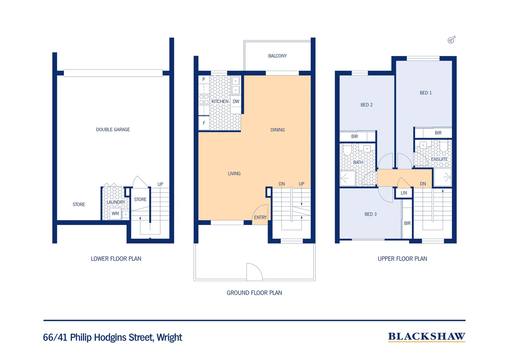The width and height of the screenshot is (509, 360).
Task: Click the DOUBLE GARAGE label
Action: pos(113,130)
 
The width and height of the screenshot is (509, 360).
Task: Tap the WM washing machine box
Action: pos(116,214)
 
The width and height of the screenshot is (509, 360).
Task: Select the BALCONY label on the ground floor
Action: pos(277,56)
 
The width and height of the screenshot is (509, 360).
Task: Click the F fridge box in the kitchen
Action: pos(204,123)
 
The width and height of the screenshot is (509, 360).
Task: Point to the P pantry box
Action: pos(204,80)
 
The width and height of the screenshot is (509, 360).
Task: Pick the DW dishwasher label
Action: pos(236,102)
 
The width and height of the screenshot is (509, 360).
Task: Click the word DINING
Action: pos(277,130)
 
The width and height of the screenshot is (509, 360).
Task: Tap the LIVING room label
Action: pos(234,174)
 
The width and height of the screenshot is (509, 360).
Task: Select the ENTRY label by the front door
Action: pos(260,217)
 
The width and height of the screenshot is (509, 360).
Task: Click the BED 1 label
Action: pos(426,93)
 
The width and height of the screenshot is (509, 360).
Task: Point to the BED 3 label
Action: pos(370,214)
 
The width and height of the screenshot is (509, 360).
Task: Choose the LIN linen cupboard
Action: pos(404,193)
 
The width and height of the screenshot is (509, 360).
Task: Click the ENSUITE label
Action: pos(439,159)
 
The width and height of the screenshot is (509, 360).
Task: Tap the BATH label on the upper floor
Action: pos(358,162)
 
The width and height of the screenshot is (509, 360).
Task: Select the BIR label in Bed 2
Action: pos(354,136)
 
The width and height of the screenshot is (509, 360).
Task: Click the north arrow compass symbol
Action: pos(451,40)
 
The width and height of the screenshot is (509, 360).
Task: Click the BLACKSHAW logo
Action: pos(426,337)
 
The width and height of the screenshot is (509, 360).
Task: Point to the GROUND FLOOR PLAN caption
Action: pos(254,293)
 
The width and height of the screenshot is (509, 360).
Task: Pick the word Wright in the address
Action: pos(169,337)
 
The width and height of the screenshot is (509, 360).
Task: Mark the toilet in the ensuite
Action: pos(443,146)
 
